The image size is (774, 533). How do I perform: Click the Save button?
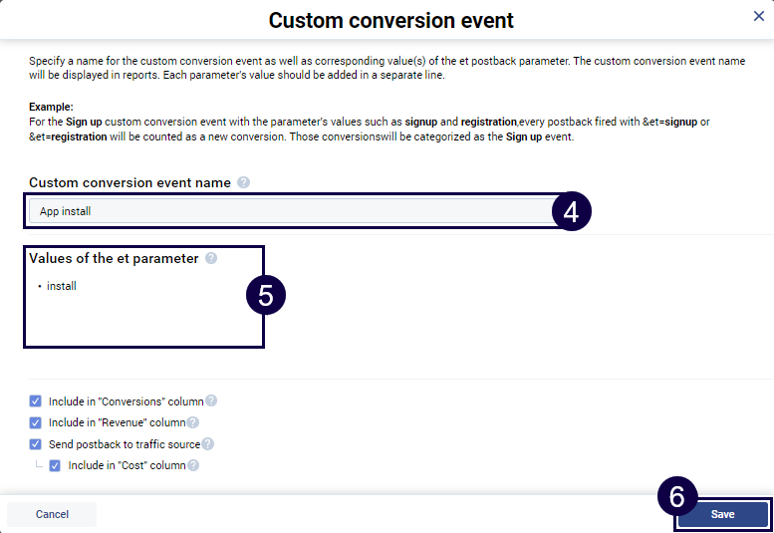click(722, 514)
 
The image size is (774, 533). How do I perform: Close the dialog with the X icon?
click(759, 16)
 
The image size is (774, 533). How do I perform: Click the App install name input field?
click(289, 211)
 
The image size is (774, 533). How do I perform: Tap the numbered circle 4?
click(571, 211)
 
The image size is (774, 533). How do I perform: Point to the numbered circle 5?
click(266, 295)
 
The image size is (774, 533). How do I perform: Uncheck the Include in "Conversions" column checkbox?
click(36, 401)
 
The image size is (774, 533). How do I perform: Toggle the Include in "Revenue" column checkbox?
click(36, 422)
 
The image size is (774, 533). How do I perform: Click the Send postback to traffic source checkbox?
click(36, 444)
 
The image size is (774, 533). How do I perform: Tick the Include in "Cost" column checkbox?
click(56, 465)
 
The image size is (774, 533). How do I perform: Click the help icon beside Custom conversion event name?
click(244, 183)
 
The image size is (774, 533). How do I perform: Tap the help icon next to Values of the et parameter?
click(211, 259)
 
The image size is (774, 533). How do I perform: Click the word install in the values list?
click(62, 286)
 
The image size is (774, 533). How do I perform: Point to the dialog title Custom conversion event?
click(391, 20)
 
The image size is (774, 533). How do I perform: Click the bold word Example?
click(52, 108)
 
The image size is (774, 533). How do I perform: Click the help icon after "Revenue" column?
click(193, 422)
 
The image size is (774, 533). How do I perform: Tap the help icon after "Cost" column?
click(193, 465)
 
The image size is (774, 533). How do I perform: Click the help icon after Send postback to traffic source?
click(208, 444)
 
